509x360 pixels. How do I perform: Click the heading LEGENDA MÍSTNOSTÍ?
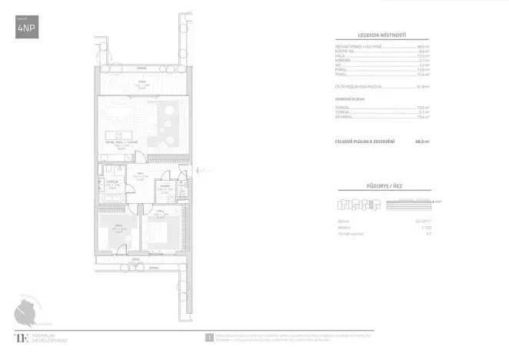pyautogui.click(x=382, y=35)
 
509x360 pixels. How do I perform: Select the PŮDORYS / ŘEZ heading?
pyautogui.click(x=382, y=188)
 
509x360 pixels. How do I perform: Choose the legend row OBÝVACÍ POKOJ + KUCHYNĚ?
pyautogui.click(x=357, y=47)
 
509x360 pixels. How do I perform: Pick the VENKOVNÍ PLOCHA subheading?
pyautogui.click(x=349, y=100)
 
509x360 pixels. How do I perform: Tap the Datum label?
pyautogui.click(x=343, y=221)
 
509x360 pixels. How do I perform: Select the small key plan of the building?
pyautogui.click(x=359, y=205)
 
